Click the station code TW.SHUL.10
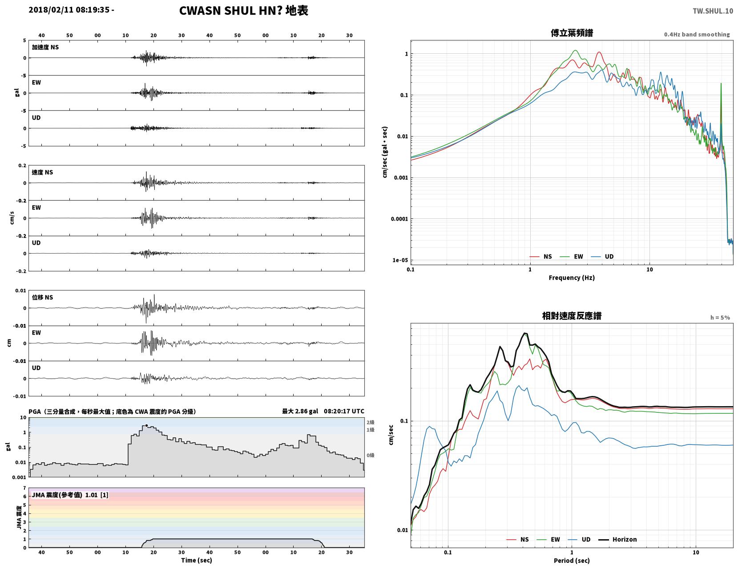pos(713,11)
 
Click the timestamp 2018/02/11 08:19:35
pos(69,9)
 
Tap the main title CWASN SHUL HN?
pos(230,11)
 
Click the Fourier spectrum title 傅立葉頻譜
pos(572,33)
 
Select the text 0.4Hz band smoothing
pos(697,34)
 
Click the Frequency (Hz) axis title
pos(572,278)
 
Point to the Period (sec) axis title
pos(572,561)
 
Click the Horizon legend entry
pos(617,540)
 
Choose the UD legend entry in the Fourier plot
pos(602,257)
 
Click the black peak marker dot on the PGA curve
pos(146,425)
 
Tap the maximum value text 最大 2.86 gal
pos(300,411)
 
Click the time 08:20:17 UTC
pos(344,411)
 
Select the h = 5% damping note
pos(720,318)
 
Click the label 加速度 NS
pos(45,47)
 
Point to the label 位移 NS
pos(42,297)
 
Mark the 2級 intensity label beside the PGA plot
pos(370,422)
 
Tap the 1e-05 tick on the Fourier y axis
pos(400,260)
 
